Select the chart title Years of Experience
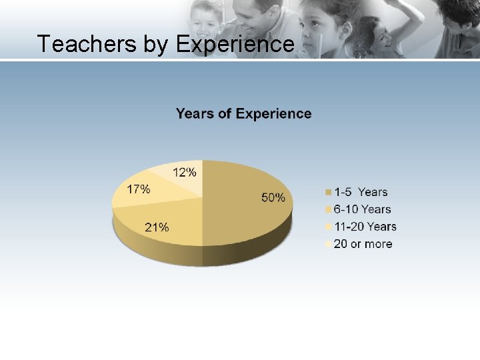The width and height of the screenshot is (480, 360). (x=243, y=113)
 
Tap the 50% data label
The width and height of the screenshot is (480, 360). (x=273, y=197)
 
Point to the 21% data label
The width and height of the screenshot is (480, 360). (x=157, y=227)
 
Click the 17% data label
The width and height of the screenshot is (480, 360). (x=138, y=189)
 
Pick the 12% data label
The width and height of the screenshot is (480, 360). (x=185, y=173)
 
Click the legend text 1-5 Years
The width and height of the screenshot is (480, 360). (x=360, y=192)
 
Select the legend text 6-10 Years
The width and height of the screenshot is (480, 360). (x=362, y=209)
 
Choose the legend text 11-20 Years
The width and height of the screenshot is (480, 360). (x=365, y=227)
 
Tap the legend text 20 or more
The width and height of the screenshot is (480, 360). (x=363, y=244)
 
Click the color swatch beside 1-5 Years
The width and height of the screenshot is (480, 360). (x=327, y=193)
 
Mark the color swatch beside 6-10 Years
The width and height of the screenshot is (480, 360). (x=327, y=210)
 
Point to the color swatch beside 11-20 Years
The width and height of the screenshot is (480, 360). (x=327, y=227)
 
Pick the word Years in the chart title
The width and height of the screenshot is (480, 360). (x=195, y=113)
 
